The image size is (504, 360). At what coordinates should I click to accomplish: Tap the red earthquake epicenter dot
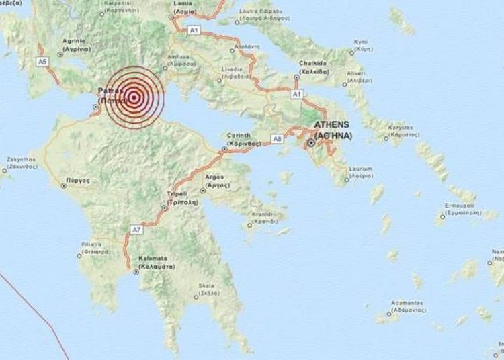click(134, 99)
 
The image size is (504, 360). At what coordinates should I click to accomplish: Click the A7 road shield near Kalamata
click(136, 230)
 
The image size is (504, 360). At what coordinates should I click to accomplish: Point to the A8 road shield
click(276, 138)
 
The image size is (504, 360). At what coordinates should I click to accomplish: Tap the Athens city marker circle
click(311, 143)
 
